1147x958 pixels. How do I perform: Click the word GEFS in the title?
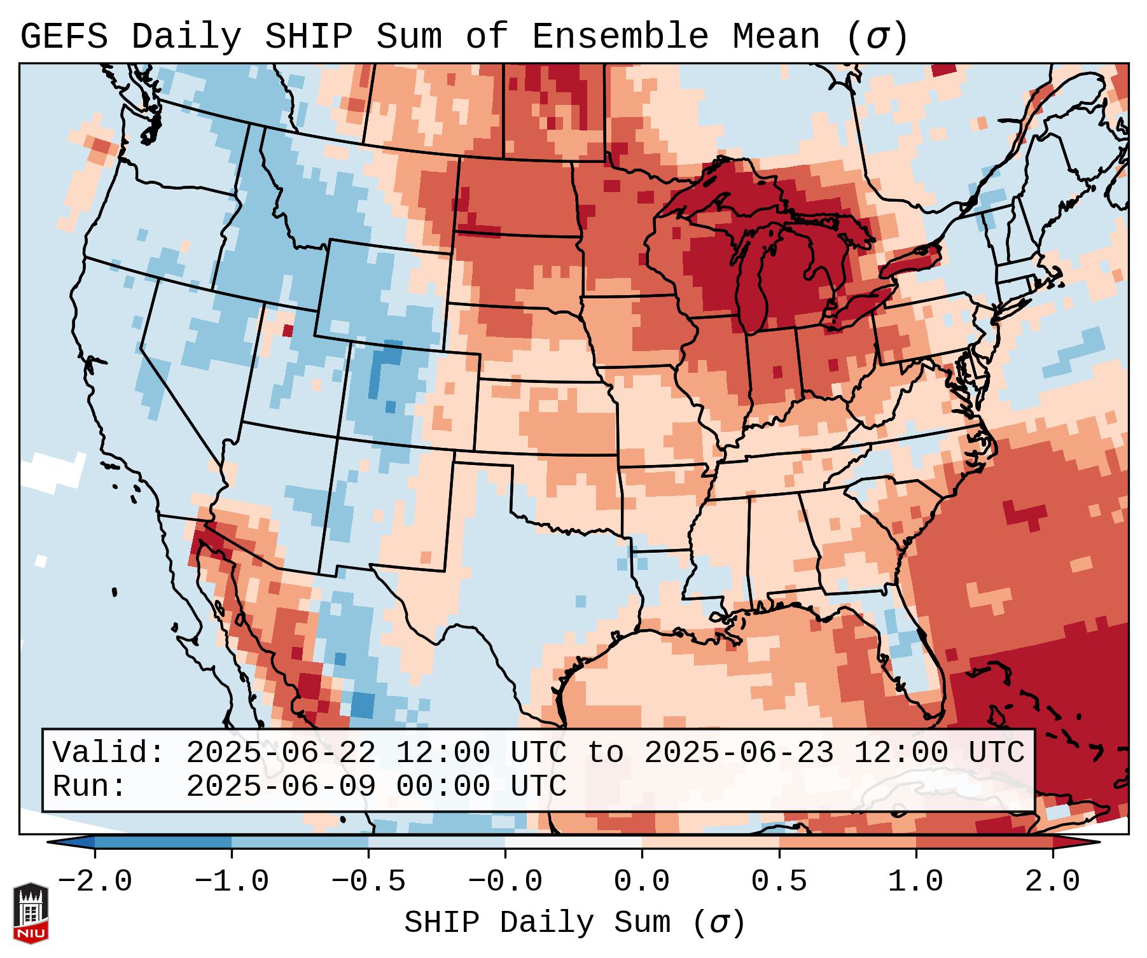tap(64, 37)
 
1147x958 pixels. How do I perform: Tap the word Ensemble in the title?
tap(620, 37)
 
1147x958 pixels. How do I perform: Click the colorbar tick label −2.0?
tap(95, 882)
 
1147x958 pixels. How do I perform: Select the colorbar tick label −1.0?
tap(232, 882)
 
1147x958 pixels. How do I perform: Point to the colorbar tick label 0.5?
tap(779, 882)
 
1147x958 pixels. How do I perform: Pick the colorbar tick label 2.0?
tap(1053, 882)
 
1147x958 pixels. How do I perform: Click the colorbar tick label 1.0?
tap(915, 882)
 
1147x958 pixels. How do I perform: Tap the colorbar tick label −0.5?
tap(368, 882)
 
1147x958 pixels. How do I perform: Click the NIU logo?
tap(31, 912)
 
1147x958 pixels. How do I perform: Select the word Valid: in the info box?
tap(108, 753)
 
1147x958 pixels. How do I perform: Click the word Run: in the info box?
tap(89, 786)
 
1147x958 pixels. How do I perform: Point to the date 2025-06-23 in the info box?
tap(739, 753)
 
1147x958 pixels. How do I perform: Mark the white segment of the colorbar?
tap(573, 842)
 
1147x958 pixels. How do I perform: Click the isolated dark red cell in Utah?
tap(288, 331)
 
